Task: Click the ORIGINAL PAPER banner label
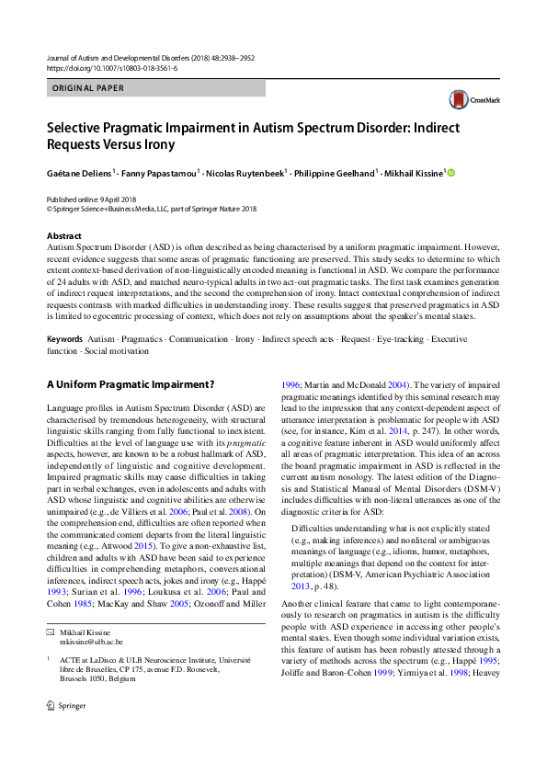pyautogui.click(x=88, y=88)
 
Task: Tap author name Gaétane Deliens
pyautogui.click(x=80, y=172)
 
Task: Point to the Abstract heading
pyautogui.click(x=63, y=236)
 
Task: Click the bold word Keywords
pyautogui.click(x=67, y=339)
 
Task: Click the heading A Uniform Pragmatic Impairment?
pyautogui.click(x=130, y=383)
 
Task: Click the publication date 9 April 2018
pyautogui.click(x=115, y=199)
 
